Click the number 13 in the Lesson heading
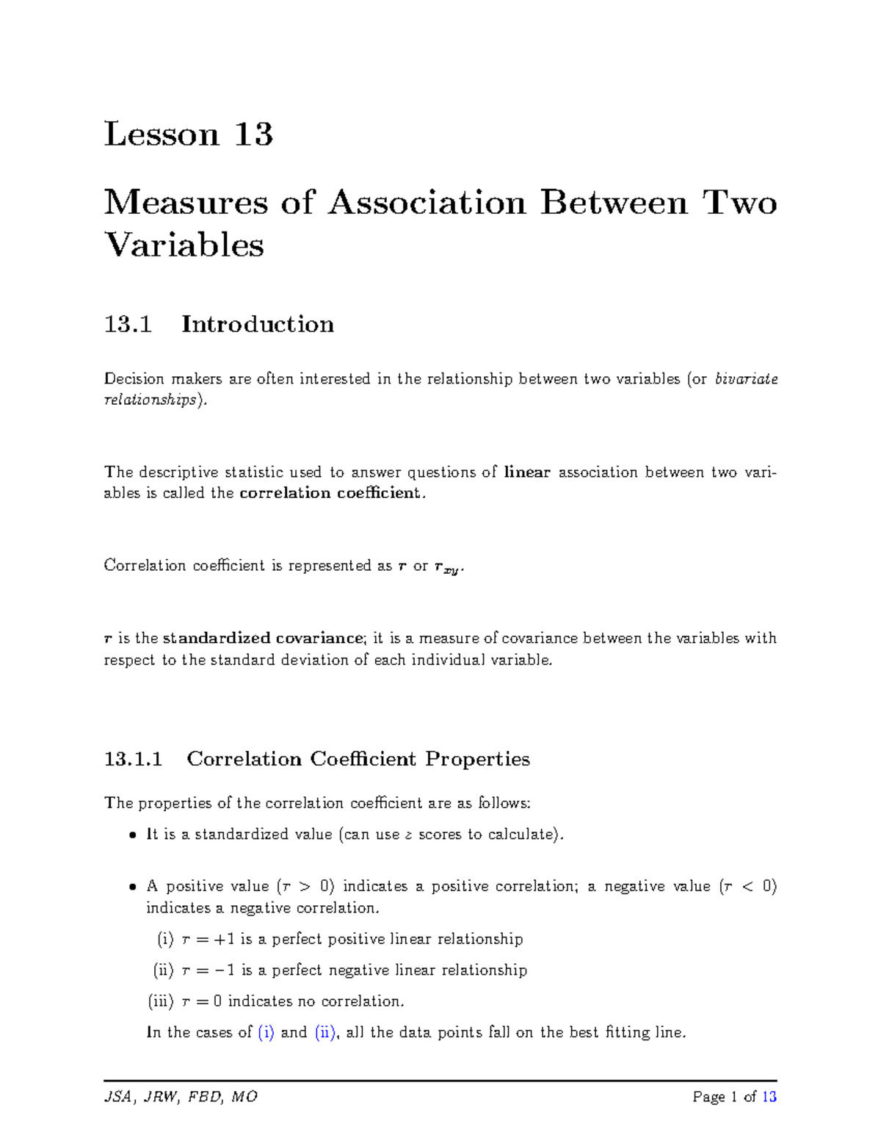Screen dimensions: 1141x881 [x=253, y=134]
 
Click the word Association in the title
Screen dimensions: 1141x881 [x=427, y=202]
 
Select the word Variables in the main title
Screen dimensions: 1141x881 [x=184, y=245]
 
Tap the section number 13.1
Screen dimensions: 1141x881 [x=128, y=324]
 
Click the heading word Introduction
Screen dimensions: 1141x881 [x=258, y=324]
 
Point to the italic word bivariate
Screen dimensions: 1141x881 [x=746, y=379]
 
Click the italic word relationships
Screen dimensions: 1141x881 [x=150, y=400]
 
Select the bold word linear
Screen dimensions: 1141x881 [x=527, y=472]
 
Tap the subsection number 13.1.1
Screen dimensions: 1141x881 [x=133, y=759]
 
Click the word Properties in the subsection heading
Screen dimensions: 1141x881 [x=477, y=759]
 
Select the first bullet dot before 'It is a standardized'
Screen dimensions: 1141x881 [x=132, y=835]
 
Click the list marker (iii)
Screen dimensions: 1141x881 [x=161, y=1001]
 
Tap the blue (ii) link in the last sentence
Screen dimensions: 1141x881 [x=325, y=1032]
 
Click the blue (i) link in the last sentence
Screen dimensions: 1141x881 [x=266, y=1032]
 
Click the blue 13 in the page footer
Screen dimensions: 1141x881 [x=769, y=1097]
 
